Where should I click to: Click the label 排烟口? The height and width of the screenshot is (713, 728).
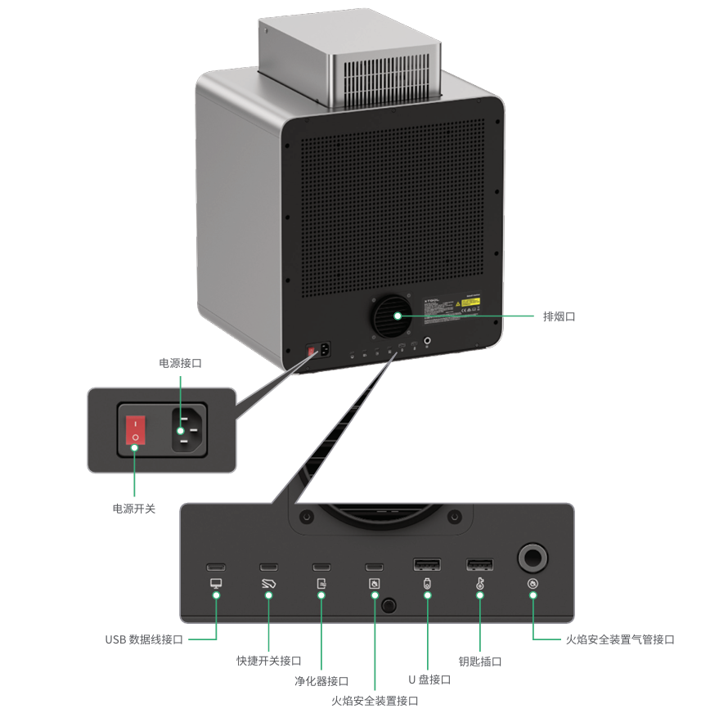[559, 316]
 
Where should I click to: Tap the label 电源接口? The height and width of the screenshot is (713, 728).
[180, 362]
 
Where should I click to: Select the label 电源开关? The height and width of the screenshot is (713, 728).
[134, 509]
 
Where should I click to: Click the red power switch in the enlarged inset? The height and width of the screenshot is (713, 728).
[136, 430]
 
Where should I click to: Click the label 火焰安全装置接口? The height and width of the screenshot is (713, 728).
[375, 701]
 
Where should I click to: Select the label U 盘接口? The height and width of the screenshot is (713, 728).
[429, 679]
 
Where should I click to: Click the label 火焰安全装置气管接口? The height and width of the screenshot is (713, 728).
[620, 639]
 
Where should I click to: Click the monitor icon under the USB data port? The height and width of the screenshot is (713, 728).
[216, 584]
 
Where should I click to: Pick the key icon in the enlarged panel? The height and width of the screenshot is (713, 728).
[480, 584]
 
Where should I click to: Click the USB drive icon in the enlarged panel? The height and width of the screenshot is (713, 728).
[427, 584]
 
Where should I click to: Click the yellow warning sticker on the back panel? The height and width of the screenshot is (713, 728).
[470, 302]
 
